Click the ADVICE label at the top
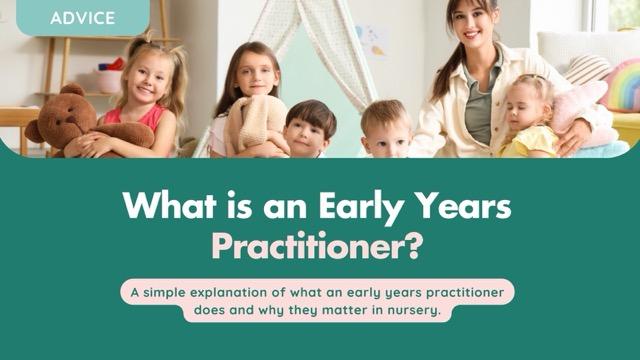tap(82, 17)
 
